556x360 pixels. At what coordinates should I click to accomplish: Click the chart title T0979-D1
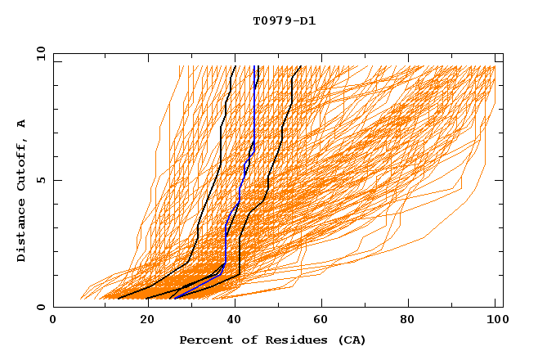pyautogui.click(x=284, y=21)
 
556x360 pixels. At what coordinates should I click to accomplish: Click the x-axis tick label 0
pyautogui.click(x=53, y=322)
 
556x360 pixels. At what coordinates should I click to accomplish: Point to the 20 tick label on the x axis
pyautogui.click(x=141, y=322)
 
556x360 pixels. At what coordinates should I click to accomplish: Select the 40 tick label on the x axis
pyautogui.click(x=231, y=322)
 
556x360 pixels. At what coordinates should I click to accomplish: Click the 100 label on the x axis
pyautogui.click(x=495, y=322)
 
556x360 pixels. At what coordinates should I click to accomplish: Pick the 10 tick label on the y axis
pyautogui.click(x=40, y=52)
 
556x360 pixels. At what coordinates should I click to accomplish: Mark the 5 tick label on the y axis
pyautogui.click(x=40, y=180)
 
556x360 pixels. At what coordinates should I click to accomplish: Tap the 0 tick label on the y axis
pyautogui.click(x=40, y=307)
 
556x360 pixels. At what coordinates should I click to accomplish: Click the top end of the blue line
pyautogui.click(x=255, y=66)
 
